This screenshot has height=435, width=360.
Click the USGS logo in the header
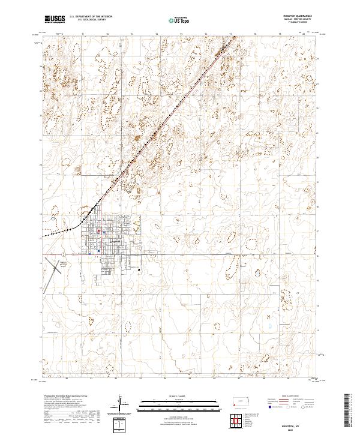pos(55,19)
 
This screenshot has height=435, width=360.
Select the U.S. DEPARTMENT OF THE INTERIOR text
pos(91,16)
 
